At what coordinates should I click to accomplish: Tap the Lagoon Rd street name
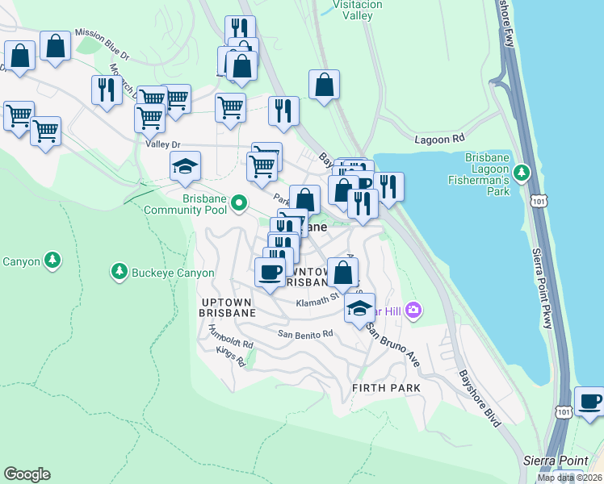coord(441,139)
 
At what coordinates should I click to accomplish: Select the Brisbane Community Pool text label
coord(182,204)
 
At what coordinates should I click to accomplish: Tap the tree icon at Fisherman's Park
coord(522,171)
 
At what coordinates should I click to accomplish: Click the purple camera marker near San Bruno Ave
coord(414,310)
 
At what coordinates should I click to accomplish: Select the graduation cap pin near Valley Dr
coord(186,166)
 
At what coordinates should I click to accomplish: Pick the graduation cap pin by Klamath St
coord(360,307)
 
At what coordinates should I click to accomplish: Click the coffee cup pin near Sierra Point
coord(589,401)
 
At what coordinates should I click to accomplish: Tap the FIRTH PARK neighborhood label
coord(387,388)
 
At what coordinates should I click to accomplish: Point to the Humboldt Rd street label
coord(231,337)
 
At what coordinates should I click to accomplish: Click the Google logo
coord(27,474)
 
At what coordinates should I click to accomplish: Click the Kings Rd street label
coord(229,357)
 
